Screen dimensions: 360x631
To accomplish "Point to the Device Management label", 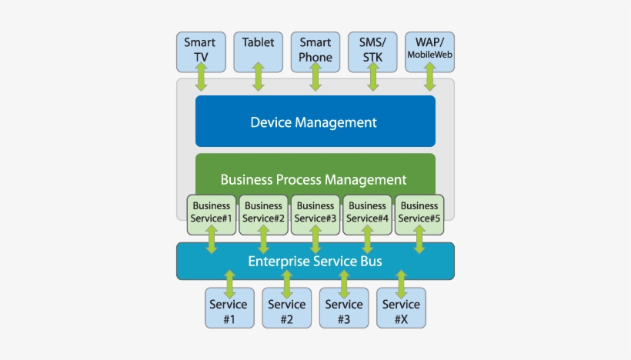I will tap(314, 122).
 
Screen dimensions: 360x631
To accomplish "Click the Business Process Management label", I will tap(314, 179).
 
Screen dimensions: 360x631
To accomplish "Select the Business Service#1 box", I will tap(211, 213).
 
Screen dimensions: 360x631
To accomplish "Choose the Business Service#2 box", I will tap(263, 213).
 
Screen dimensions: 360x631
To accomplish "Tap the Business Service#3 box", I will tap(315, 213).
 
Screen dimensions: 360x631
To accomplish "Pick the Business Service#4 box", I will tap(367, 213).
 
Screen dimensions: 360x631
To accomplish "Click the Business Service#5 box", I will tap(419, 213).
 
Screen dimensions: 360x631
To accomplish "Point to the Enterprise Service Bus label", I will tap(315, 262).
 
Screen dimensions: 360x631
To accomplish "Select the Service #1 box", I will tap(229, 309).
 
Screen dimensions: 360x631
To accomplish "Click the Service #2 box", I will tap(286, 309).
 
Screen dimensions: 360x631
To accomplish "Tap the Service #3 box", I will tap(343, 309).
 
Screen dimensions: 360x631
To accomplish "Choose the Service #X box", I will tap(401, 309).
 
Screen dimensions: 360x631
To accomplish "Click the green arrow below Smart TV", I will tap(201, 78).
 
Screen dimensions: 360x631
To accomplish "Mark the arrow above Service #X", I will tap(401, 284).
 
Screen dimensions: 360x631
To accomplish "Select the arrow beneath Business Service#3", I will tap(315, 239).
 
